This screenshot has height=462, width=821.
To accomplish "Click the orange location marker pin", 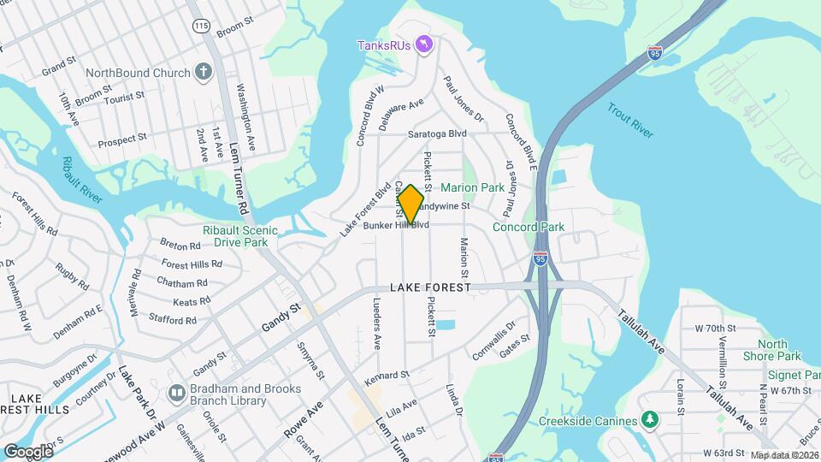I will tap(410, 204).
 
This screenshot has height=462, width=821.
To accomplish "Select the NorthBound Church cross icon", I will tap(203, 72).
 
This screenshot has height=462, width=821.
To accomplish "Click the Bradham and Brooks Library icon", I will tap(177, 394).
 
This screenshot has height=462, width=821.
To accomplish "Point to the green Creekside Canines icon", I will tap(650, 420).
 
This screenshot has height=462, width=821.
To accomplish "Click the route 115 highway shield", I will tap(201, 27).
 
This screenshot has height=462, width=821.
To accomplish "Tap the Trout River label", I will tap(630, 121).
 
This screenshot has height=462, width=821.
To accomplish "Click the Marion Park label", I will tap(472, 187).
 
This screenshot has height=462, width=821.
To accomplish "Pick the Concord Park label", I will tap(529, 227).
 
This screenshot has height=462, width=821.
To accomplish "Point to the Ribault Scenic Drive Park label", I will tap(240, 237).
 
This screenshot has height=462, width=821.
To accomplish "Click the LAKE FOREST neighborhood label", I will tap(431, 288).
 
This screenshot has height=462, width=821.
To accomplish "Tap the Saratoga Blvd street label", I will tap(437, 133).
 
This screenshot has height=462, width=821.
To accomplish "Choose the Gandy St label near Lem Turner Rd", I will tap(282, 317).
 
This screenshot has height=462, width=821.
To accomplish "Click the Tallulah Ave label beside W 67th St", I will tap(729, 404).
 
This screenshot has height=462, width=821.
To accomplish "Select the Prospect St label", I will tap(123, 141).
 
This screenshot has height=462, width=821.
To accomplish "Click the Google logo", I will tap(28, 451).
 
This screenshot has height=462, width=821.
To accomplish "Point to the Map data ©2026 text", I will tap(784, 455).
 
